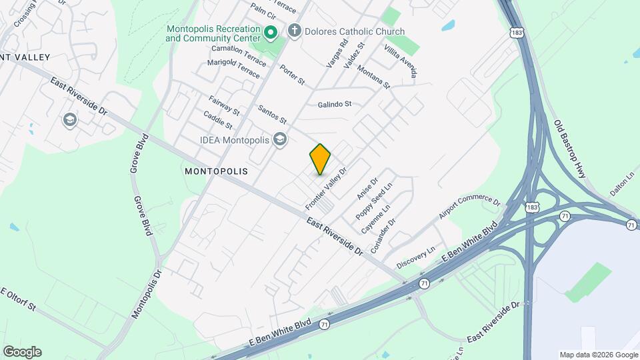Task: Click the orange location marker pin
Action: (320, 159)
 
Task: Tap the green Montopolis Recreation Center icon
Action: (271, 32)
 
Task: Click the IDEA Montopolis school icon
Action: (280, 139)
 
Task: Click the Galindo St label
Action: (334, 105)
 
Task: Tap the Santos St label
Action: (272, 115)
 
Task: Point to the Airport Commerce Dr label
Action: (469, 208)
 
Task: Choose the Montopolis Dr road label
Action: (147, 293)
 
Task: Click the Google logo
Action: (22, 352)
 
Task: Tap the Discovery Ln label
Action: (415, 256)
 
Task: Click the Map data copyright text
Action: (598, 355)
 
